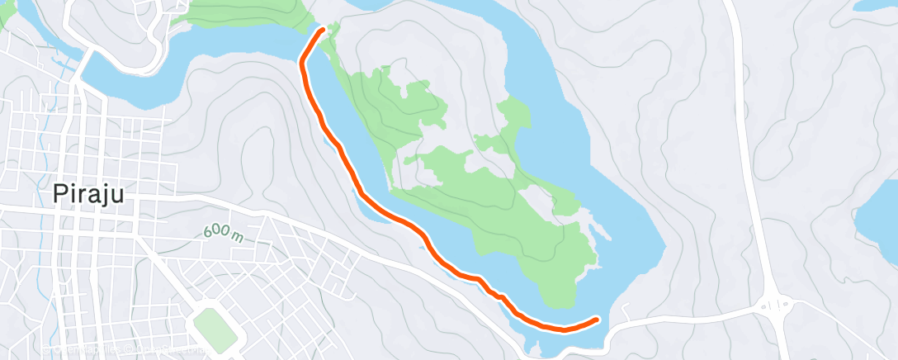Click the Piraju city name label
click(89, 194)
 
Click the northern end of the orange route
click(321, 31)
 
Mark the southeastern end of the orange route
click(597, 318)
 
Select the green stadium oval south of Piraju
click(215, 329)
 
